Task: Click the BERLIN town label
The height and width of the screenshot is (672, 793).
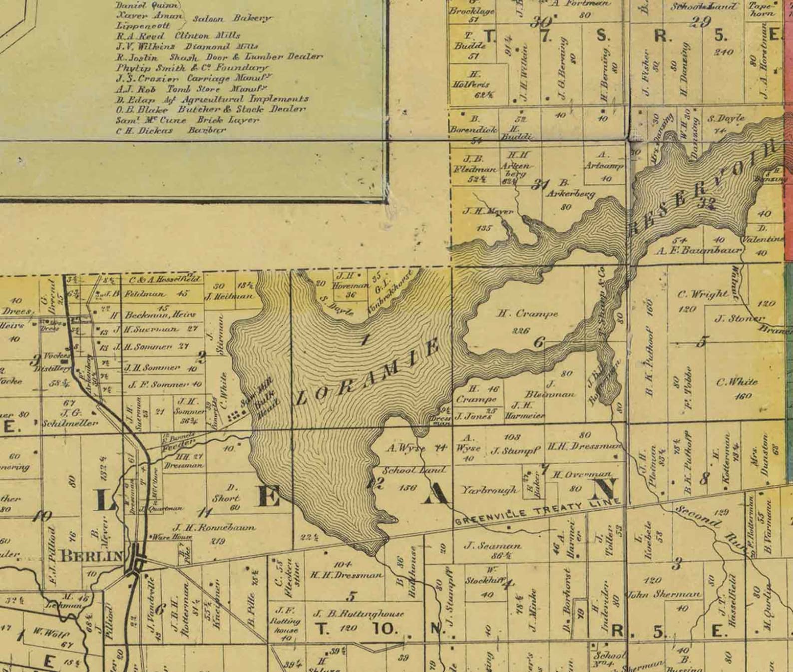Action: point(91,556)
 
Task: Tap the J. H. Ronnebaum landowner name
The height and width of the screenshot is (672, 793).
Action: point(214,527)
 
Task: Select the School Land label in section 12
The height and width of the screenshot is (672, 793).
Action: point(414,470)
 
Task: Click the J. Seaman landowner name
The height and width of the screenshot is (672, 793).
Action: point(493,546)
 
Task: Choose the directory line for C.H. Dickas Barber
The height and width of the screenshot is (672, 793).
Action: point(171,130)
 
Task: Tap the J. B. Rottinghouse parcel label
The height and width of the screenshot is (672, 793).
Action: point(358,614)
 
